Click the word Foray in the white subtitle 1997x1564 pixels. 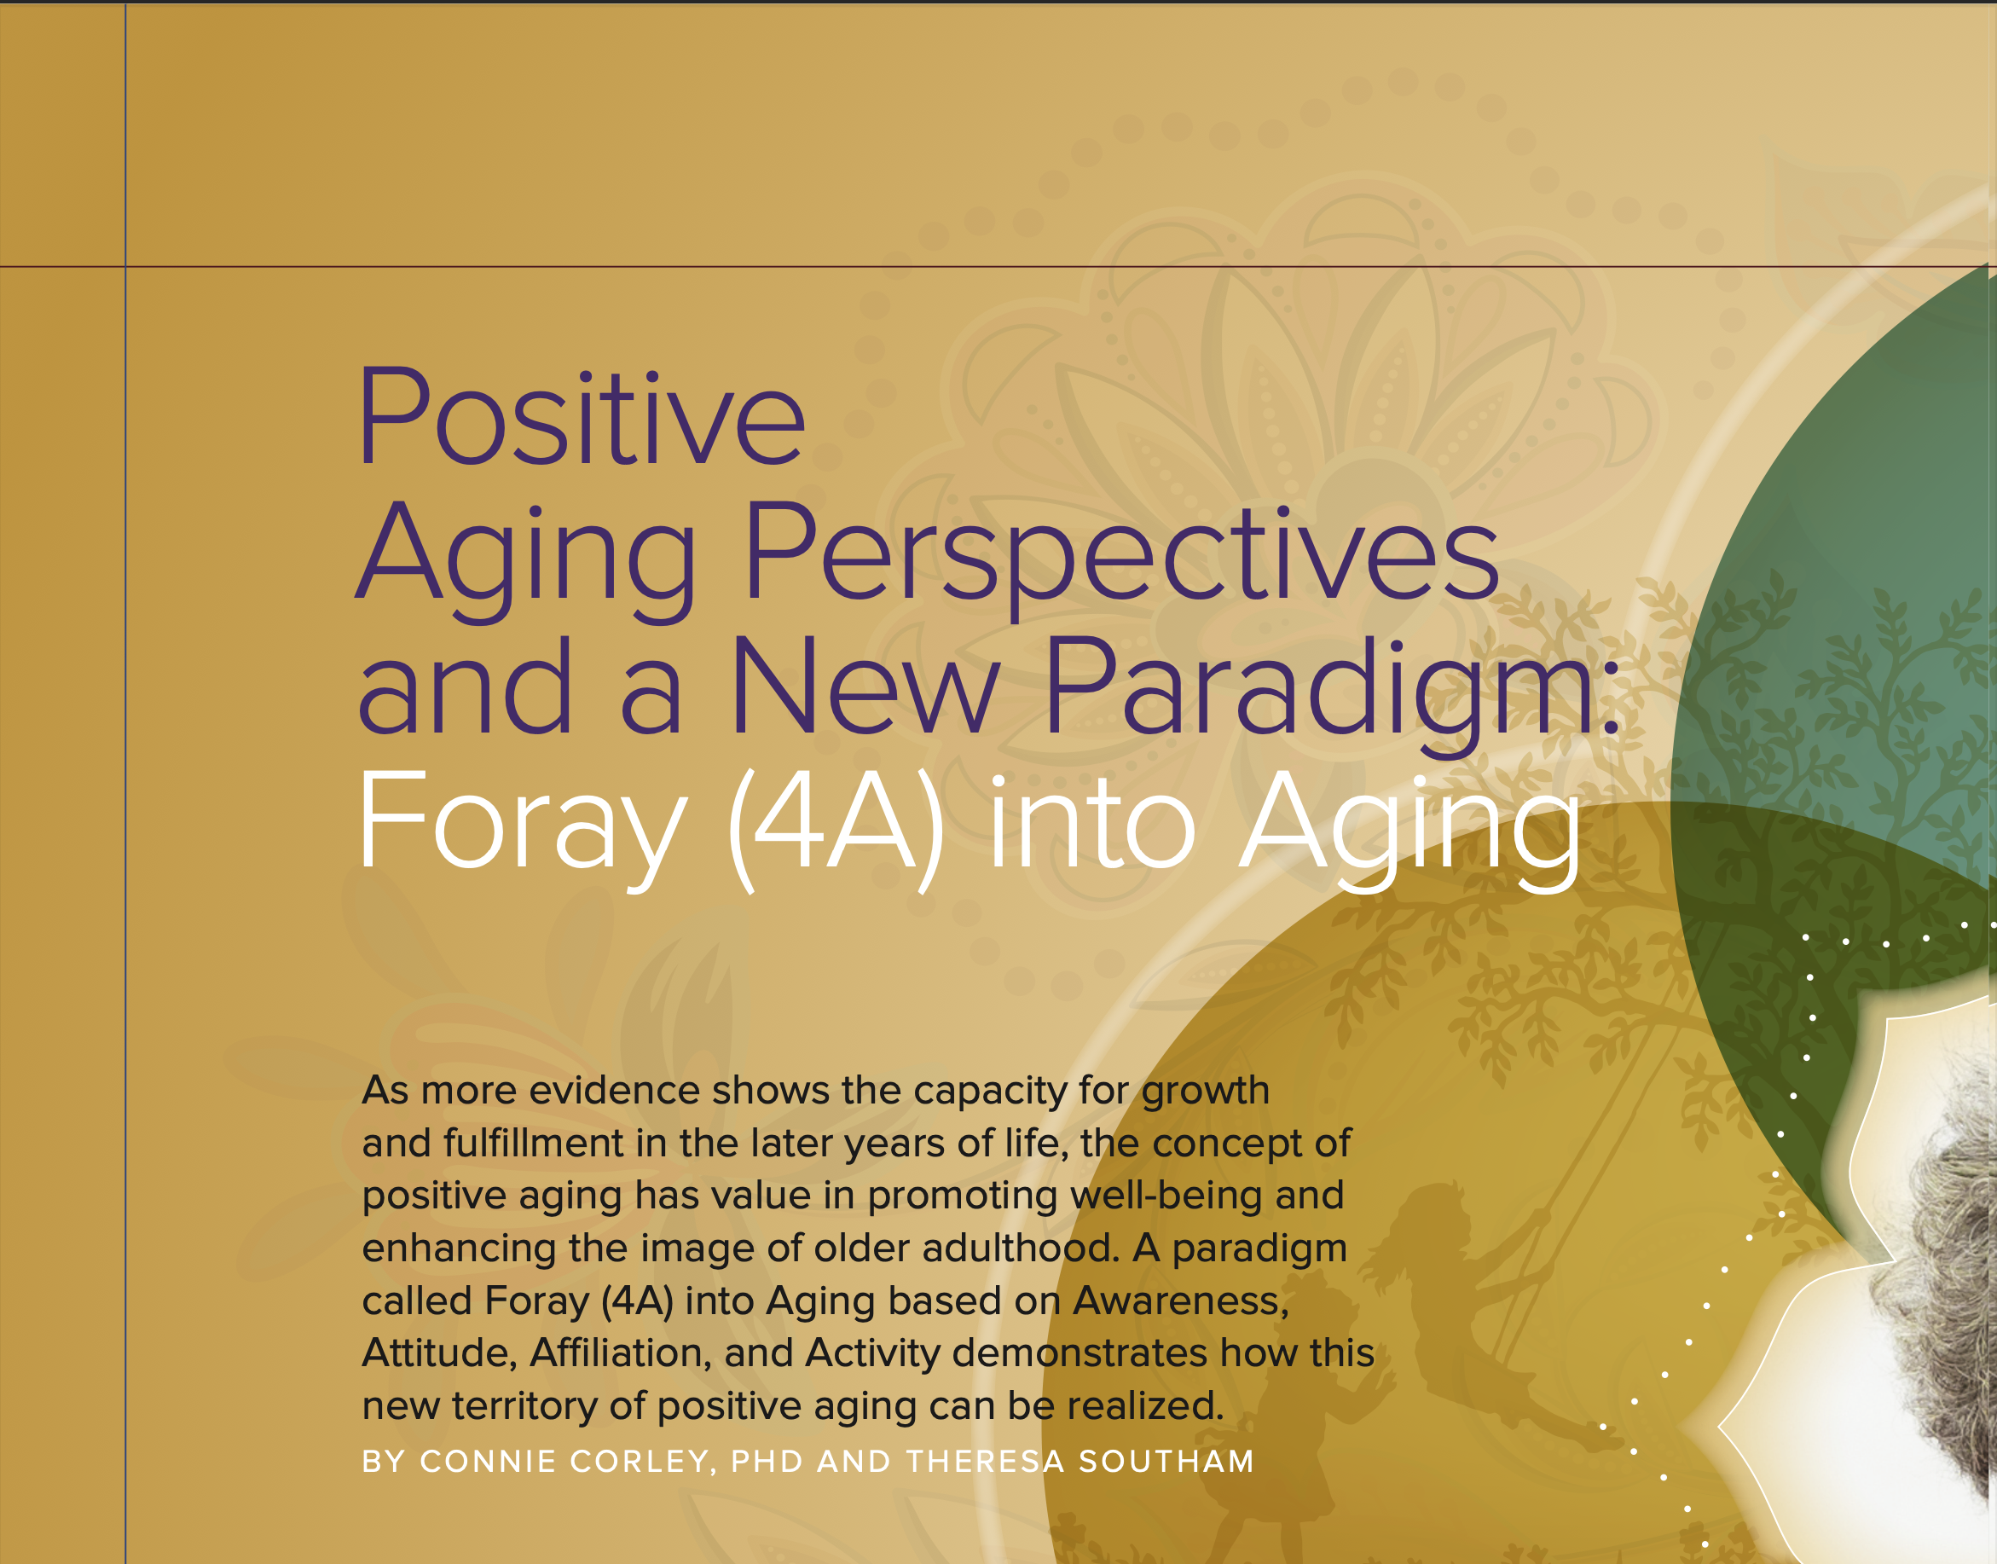(522, 827)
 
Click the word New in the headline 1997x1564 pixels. (864, 686)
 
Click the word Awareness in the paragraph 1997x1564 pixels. (1180, 1301)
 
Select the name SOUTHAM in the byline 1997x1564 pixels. (1166, 1462)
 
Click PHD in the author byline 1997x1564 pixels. (767, 1462)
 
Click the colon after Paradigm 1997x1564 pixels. (1611, 704)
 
